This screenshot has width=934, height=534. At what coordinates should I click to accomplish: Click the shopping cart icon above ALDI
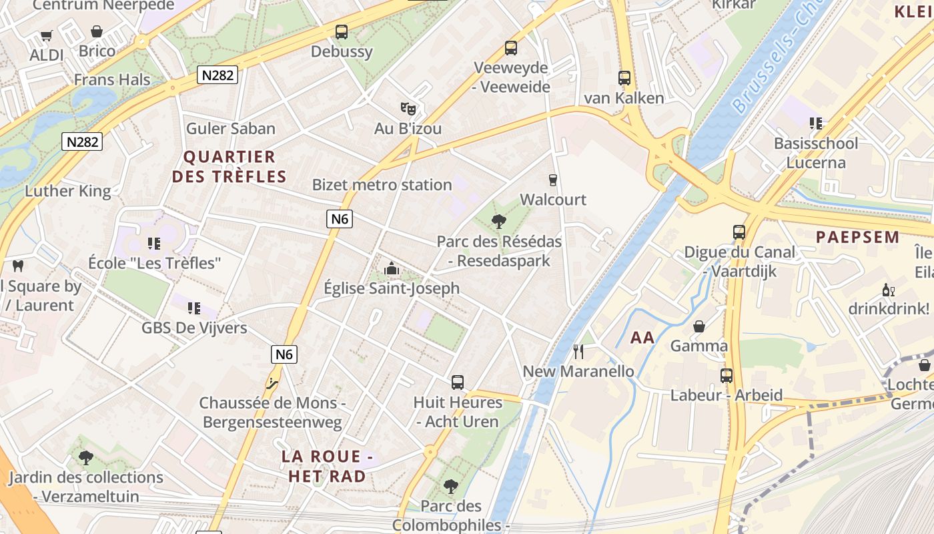[x=46, y=35]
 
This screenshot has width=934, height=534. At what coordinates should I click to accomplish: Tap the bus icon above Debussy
[x=342, y=31]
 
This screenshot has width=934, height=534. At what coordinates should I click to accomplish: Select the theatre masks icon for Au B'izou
[x=408, y=108]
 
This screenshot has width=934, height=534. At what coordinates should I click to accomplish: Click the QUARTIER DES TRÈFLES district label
[x=229, y=167]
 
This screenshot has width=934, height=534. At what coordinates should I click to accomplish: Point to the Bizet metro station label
[x=382, y=185]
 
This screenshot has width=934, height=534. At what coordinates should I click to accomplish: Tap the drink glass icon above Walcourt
[x=552, y=180]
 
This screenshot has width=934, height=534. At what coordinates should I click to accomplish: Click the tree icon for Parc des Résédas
[x=498, y=222]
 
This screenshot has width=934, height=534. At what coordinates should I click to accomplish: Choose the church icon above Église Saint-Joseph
[x=392, y=268]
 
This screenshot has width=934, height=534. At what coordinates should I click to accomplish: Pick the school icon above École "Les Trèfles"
[x=154, y=244]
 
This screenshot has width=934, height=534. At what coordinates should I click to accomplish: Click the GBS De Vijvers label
[x=194, y=328]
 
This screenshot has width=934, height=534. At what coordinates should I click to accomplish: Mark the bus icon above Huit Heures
[x=458, y=382]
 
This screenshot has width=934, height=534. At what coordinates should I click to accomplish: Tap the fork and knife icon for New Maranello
[x=578, y=351]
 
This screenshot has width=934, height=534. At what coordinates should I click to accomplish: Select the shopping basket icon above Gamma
[x=699, y=326]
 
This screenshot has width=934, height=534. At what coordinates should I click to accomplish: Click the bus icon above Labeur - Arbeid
[x=727, y=375]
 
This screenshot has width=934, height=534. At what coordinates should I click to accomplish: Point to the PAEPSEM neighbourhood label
[x=858, y=237]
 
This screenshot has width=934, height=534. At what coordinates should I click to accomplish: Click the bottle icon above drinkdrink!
[x=888, y=290]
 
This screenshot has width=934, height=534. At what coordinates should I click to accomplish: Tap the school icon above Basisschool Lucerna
[x=815, y=123]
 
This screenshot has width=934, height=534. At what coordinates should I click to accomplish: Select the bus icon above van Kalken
[x=624, y=78]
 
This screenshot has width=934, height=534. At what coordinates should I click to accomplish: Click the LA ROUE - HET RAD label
[x=327, y=466]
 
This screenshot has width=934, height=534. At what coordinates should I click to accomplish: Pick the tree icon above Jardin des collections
[x=85, y=458]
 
